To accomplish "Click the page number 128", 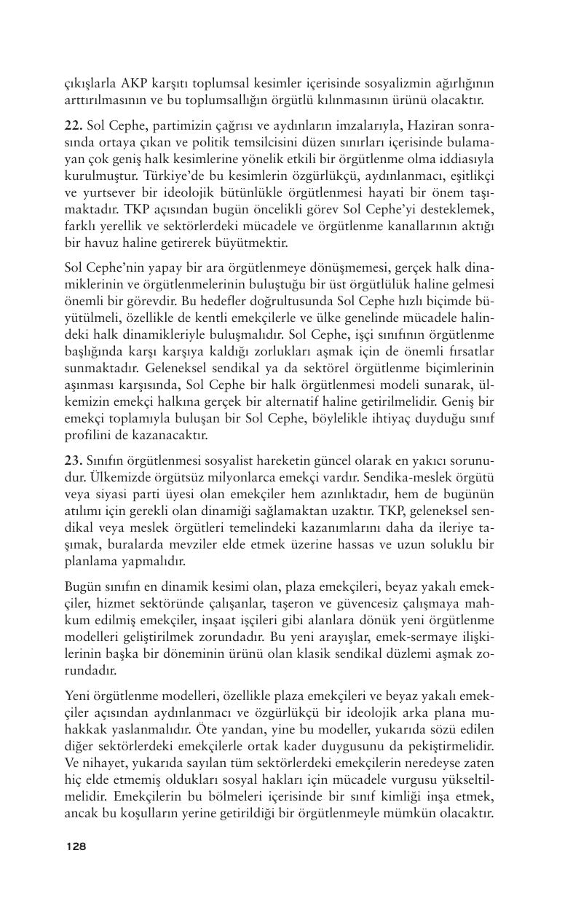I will (76, 846).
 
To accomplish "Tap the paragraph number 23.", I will (73, 463).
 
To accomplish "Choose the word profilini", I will (87, 436).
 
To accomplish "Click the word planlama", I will (93, 561).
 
